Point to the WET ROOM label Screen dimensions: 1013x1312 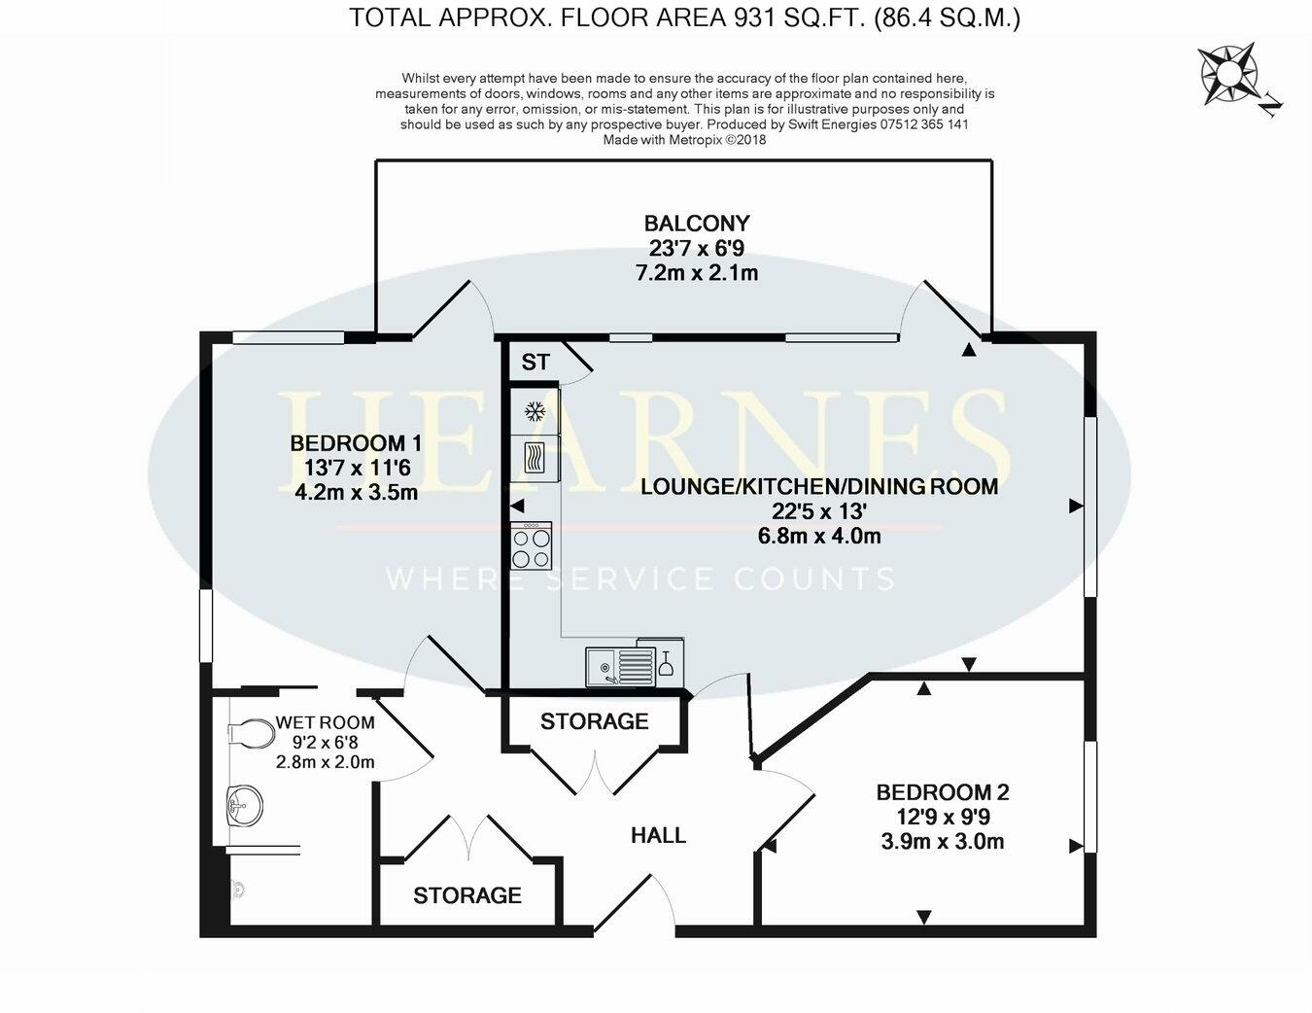tap(325, 722)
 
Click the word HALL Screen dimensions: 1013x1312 tap(658, 835)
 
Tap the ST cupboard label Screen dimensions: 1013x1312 tap(535, 363)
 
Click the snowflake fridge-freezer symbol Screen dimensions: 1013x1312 tap(534, 411)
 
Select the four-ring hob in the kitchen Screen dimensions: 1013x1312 tap(532, 546)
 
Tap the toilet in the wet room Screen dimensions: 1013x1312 tap(252, 733)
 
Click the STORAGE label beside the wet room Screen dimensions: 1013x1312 tap(467, 895)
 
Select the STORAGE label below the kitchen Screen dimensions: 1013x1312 tap(594, 721)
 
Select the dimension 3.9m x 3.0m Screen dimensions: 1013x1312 tap(942, 842)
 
